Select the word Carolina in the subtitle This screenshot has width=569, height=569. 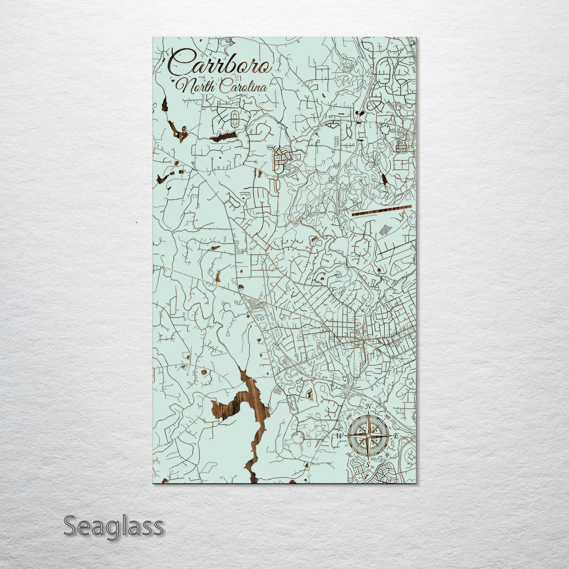(x=243, y=86)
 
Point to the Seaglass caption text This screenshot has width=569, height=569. (x=113, y=526)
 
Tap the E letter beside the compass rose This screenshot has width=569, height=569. (x=396, y=436)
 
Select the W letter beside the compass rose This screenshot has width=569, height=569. (x=340, y=436)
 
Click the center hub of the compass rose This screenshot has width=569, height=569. (x=368, y=436)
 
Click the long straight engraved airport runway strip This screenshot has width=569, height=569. (x=381, y=211)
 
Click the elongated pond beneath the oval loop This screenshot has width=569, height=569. (x=223, y=137)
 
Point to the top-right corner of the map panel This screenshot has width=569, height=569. (x=415, y=37)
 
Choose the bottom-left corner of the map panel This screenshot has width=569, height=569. (x=153, y=483)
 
